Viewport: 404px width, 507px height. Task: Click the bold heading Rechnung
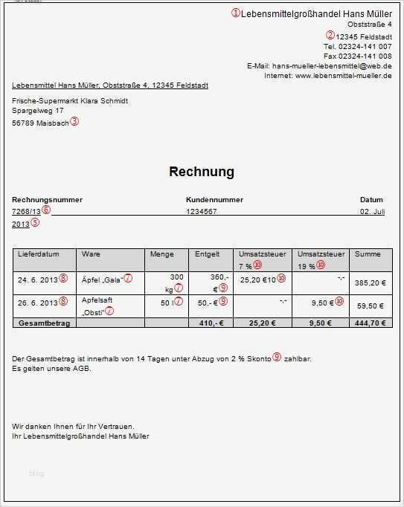[202, 172]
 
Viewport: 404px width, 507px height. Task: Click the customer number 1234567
[201, 212]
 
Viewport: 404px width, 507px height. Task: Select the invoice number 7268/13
[27, 212]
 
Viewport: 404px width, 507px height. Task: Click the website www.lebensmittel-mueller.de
[343, 76]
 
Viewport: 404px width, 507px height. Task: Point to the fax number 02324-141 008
[365, 56]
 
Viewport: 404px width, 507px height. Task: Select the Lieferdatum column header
[38, 254]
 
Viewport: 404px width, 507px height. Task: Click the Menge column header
[161, 254]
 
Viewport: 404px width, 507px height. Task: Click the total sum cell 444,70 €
[369, 323]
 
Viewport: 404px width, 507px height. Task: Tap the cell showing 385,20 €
[370, 283]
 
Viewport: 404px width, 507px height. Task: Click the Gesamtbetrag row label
[42, 323]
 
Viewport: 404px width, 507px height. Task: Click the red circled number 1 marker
[237, 13]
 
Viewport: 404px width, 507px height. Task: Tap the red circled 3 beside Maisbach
[74, 122]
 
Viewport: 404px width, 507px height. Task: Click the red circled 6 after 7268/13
[46, 211]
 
